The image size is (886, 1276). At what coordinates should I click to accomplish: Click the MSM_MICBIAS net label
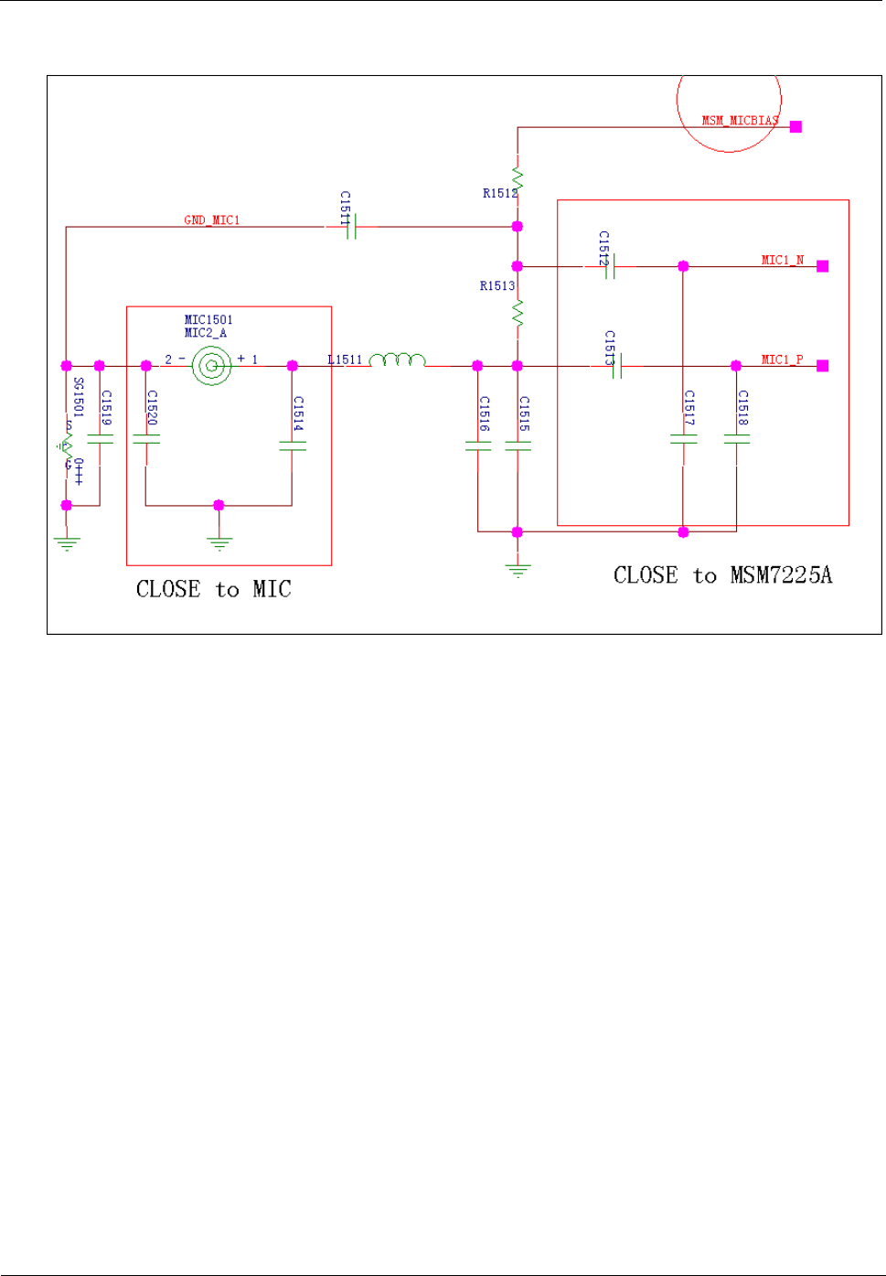pos(740,121)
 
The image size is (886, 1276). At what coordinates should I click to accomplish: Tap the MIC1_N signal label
pos(782,261)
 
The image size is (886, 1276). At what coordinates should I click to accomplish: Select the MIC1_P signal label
pos(782,359)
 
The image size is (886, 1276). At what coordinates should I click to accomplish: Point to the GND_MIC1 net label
pos(211,220)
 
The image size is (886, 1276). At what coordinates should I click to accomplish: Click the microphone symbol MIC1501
pos(212,366)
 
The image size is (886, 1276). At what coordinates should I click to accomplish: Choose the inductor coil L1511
pos(398,360)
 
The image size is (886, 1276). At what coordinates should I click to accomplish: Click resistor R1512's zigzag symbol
pos(518,177)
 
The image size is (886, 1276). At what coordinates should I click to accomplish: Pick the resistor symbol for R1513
pos(518,315)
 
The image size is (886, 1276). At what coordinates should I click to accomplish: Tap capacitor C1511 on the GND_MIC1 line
pos(350,227)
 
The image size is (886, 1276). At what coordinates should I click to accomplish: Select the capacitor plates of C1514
pos(293,445)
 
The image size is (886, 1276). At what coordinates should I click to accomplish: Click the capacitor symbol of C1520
pos(146,440)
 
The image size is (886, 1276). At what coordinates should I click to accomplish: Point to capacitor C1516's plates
pos(478,445)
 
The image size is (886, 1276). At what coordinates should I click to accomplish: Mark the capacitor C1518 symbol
pos(737,440)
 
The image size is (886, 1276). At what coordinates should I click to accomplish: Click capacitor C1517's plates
pos(684,440)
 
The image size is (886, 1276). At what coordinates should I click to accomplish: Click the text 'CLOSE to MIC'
pos(213,590)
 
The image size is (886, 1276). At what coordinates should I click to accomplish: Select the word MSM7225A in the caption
pos(781,575)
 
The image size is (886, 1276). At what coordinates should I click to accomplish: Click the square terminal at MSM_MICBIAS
pos(796,127)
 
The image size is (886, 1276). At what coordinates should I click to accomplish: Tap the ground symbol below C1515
pos(518,572)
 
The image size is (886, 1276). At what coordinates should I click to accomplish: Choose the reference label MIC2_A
pos(205,333)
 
